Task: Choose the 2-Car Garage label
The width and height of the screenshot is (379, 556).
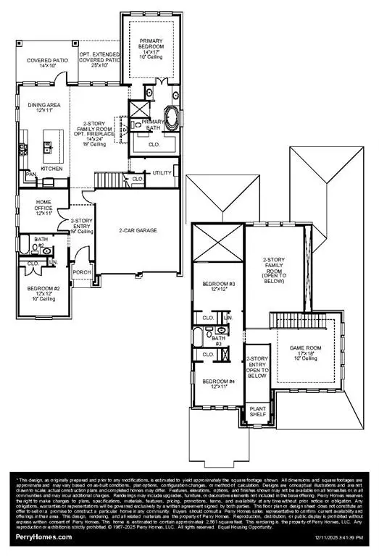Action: point(138,230)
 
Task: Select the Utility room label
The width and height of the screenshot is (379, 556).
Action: point(161,173)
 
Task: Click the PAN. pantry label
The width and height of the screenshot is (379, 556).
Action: point(31,174)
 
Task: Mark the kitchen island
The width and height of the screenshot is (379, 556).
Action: point(53,142)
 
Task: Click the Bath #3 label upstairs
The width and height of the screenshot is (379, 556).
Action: point(218,340)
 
